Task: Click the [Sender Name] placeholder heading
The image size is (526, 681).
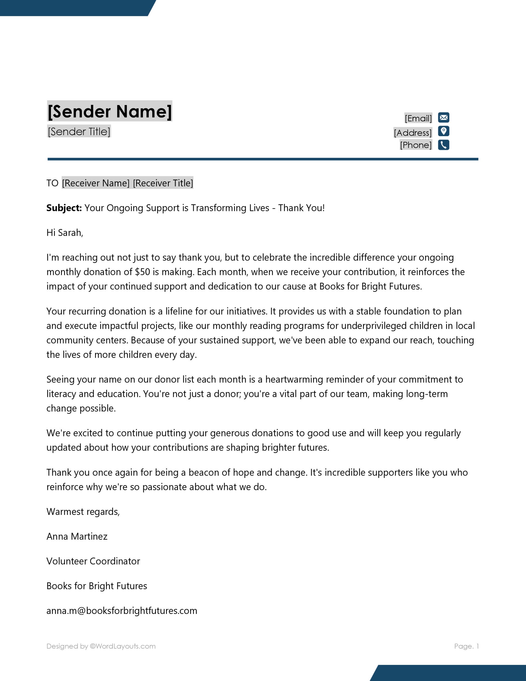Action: pos(109,111)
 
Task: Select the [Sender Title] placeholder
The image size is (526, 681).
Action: pos(79,132)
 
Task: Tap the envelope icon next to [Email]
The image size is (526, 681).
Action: pos(443,118)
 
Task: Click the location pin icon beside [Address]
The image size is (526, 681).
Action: pos(443,131)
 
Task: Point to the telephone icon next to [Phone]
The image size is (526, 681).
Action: pos(443,145)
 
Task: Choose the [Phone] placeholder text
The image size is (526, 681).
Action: pos(416,145)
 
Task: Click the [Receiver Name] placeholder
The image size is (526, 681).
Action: pos(96,183)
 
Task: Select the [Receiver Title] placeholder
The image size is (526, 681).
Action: pos(163,183)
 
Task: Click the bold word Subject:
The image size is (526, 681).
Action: pos(64,208)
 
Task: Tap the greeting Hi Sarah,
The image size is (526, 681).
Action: pos(65,233)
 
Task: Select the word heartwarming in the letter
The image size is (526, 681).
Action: pos(294,379)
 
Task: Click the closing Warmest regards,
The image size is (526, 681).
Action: pos(83,512)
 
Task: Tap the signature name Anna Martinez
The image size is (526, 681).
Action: pos(77,536)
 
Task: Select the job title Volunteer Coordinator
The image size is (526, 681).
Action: pos(93,561)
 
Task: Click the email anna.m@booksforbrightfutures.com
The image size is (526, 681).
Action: pos(122,611)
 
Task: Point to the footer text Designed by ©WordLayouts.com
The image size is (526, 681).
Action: pos(101,646)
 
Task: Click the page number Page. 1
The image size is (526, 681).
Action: pos(466,646)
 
